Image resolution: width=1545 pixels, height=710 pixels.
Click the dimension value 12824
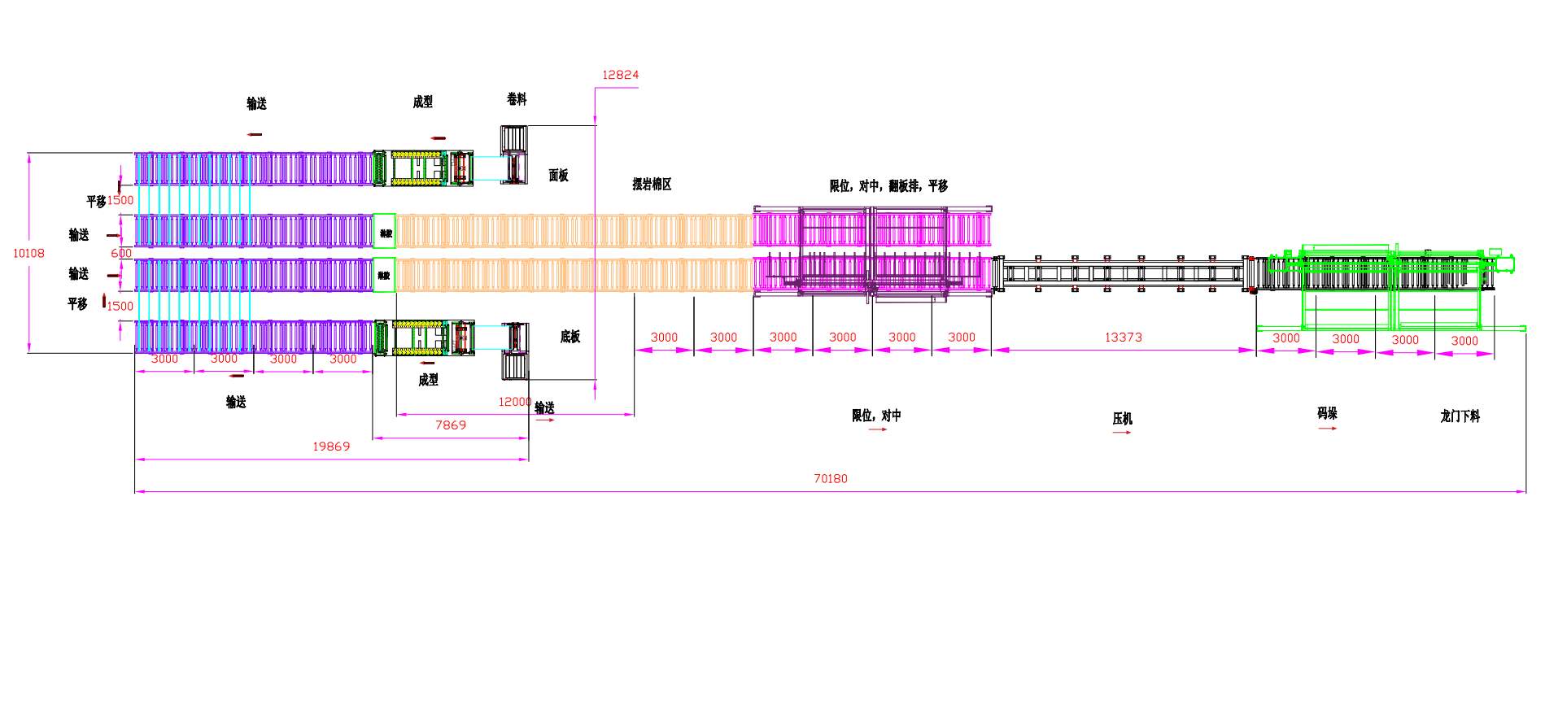coord(620,75)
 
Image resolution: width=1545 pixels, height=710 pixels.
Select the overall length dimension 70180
coord(830,479)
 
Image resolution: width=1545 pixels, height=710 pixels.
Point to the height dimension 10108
coord(28,254)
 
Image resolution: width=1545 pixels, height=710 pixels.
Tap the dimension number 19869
coord(331,446)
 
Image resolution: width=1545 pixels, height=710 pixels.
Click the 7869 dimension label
coord(451,425)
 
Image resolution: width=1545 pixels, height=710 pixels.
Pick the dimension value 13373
coord(1123,338)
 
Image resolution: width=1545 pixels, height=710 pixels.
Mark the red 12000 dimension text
coord(514,402)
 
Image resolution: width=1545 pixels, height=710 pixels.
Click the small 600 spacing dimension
coord(121,254)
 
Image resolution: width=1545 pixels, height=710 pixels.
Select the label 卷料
coord(517,99)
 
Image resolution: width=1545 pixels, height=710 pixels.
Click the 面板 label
coord(558,176)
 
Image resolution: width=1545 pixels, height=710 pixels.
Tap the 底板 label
coord(570,337)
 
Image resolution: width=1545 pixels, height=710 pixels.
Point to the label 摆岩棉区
coord(652,185)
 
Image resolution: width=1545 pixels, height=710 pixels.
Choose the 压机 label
coord(1122,419)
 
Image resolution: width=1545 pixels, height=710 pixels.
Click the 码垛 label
coord(1327,414)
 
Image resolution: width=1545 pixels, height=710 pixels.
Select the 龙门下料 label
coord(1460,416)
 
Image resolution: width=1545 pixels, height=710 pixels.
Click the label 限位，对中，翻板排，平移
coord(888,186)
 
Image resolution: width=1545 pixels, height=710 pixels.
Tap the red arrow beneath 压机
coord(1122,433)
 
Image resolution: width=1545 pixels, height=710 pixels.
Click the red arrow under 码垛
coord(1327,428)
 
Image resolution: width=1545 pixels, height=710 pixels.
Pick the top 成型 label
coord(422,102)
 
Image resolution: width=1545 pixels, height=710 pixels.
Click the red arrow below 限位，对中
coord(877,429)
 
